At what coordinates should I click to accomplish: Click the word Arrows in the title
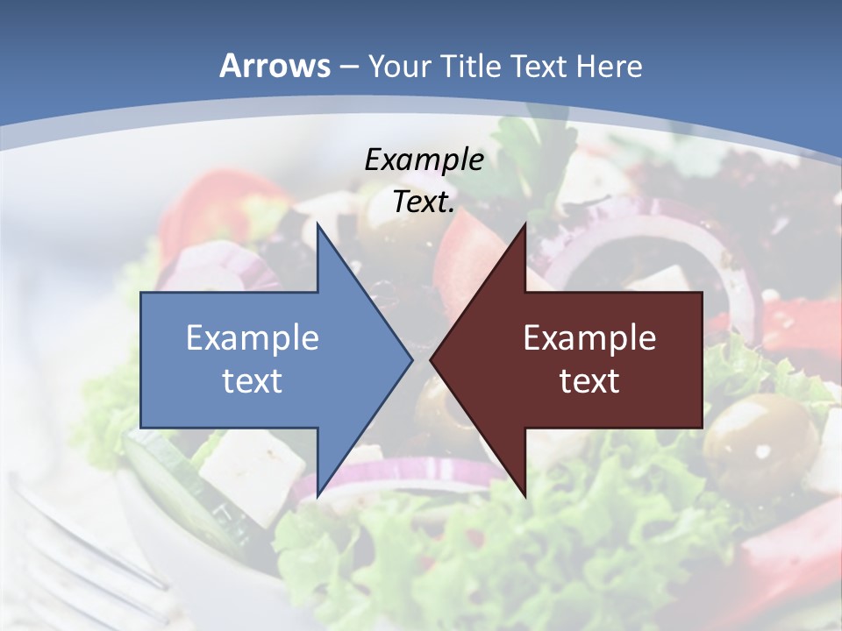(x=275, y=66)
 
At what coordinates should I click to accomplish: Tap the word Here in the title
(x=609, y=66)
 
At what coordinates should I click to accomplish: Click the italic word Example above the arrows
(x=424, y=160)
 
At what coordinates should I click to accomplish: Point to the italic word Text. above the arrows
(x=424, y=202)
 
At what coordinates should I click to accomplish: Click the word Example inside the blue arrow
(x=253, y=337)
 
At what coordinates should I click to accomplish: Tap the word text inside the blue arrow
(x=253, y=380)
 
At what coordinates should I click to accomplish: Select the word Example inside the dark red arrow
(x=589, y=337)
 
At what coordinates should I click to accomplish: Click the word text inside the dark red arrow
(x=589, y=380)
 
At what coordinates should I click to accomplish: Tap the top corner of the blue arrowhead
(x=318, y=226)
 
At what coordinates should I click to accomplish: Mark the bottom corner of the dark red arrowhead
(x=524, y=493)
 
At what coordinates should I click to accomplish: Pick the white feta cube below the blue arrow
(x=250, y=473)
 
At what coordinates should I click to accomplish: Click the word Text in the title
(x=539, y=66)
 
